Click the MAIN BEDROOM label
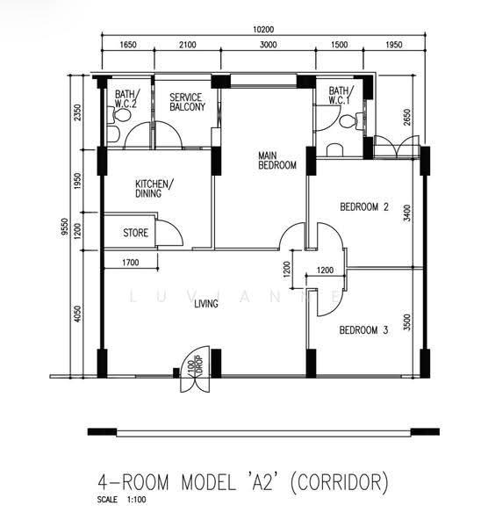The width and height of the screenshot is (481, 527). pyautogui.click(x=277, y=161)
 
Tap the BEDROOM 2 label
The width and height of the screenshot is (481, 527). pyautogui.click(x=364, y=206)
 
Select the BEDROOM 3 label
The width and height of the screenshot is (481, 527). pyautogui.click(x=363, y=330)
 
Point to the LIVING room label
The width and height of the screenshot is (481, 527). pyautogui.click(x=206, y=304)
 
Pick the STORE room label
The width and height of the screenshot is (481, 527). pyautogui.click(x=135, y=233)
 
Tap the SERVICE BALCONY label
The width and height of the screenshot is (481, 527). pyautogui.click(x=187, y=102)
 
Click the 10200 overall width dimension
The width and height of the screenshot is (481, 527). pyautogui.click(x=263, y=30)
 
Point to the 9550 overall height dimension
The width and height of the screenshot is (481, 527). pyautogui.click(x=64, y=227)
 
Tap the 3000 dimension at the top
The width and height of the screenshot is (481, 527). pyautogui.click(x=268, y=45)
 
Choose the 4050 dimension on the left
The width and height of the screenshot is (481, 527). pyautogui.click(x=77, y=314)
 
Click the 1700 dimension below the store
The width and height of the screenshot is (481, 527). pyautogui.click(x=130, y=262)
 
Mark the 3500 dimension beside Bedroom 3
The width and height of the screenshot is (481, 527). pyautogui.click(x=407, y=322)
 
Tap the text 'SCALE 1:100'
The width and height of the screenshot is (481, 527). pyautogui.click(x=122, y=500)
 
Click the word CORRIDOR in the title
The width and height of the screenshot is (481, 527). pyautogui.click(x=339, y=482)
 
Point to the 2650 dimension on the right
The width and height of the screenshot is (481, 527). pyautogui.click(x=407, y=118)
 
